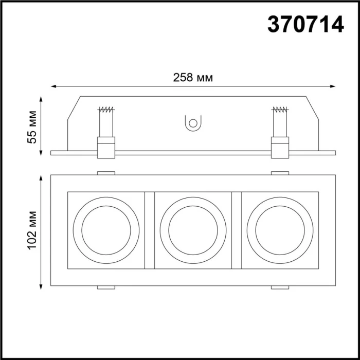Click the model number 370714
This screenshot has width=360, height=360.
click(x=305, y=24)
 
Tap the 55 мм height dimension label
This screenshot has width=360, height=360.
click(x=32, y=127)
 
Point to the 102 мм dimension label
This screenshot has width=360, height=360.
click(x=32, y=230)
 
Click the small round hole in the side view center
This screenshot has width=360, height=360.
click(x=193, y=123)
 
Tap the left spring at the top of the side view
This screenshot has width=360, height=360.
click(x=106, y=110)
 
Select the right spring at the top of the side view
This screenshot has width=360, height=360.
click(x=280, y=110)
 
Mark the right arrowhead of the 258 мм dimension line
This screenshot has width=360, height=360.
click(x=333, y=86)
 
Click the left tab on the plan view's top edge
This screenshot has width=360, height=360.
click(x=106, y=173)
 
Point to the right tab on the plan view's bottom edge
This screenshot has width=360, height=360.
click(x=280, y=287)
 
